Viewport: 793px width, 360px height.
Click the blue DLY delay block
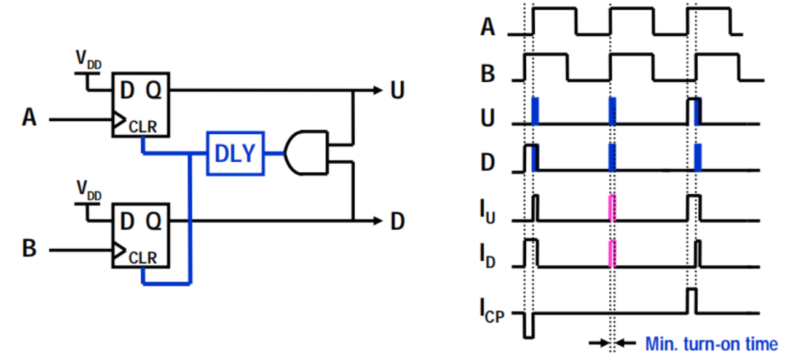click(x=235, y=153)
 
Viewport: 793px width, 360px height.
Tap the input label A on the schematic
click(x=29, y=118)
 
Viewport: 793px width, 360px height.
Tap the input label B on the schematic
click(x=30, y=248)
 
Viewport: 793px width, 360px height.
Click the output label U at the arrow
click(x=397, y=90)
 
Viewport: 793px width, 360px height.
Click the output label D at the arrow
click(x=398, y=221)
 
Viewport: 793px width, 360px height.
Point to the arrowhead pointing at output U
click(x=378, y=90)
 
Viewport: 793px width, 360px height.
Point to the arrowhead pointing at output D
click(x=378, y=221)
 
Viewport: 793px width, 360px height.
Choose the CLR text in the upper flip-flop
click(x=143, y=127)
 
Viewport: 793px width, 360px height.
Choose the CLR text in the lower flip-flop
click(x=143, y=258)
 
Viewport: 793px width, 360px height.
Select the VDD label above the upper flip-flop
click(x=89, y=59)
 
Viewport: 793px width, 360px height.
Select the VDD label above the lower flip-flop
click(x=89, y=190)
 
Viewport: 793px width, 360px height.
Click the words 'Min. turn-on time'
click(x=712, y=344)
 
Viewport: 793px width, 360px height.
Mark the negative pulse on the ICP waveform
click(x=529, y=326)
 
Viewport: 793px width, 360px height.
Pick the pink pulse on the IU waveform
click(x=612, y=208)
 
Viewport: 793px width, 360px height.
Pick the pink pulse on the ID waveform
click(x=612, y=254)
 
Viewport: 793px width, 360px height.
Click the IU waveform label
click(x=487, y=212)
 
